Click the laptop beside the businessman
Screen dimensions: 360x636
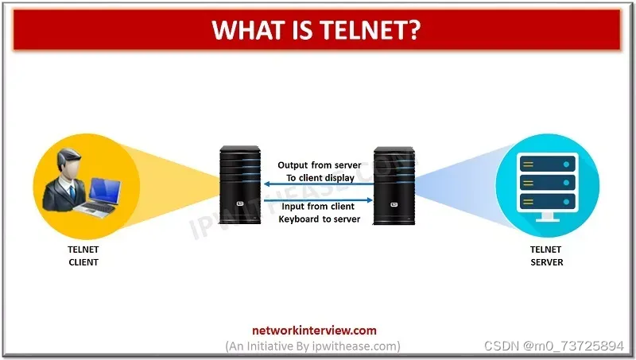click(101, 197)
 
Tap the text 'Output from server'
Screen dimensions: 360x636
click(319, 165)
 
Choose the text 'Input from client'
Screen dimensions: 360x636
click(318, 207)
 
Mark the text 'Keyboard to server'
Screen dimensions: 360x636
click(319, 219)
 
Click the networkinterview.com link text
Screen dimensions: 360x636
click(313, 331)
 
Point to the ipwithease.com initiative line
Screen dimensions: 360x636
click(313, 346)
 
